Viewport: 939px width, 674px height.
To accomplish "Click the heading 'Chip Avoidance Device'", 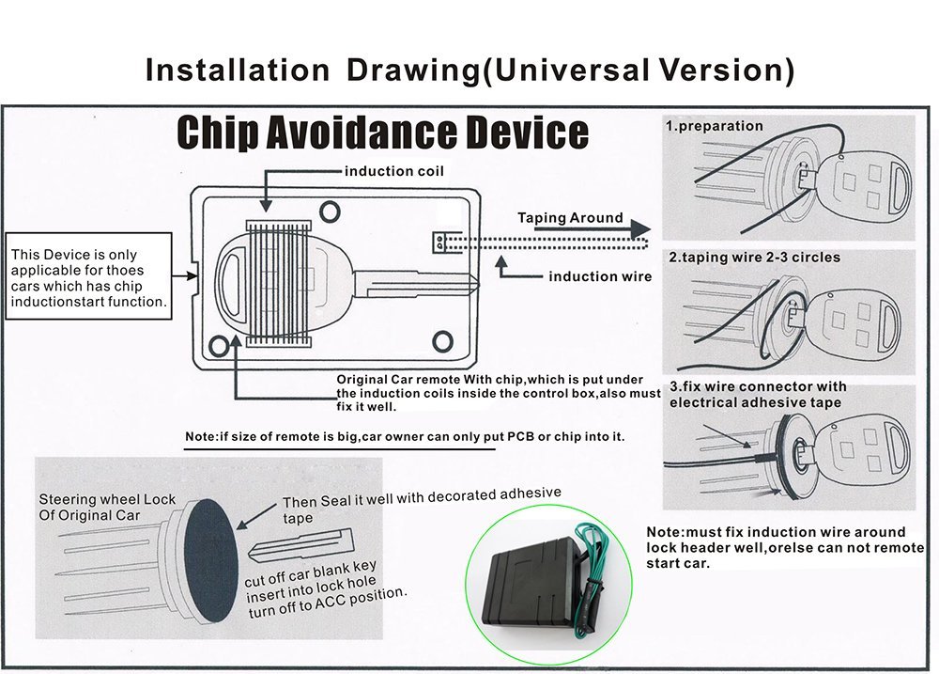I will (x=382, y=132).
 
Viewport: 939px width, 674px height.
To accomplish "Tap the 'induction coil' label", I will (x=393, y=171).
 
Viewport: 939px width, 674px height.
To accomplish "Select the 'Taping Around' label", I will (x=570, y=218).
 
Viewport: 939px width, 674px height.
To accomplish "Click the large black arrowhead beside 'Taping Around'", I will (x=640, y=230).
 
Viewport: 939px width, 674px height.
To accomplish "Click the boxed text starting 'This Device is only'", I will (x=88, y=278).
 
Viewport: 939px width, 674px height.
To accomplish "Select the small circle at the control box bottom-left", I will (x=221, y=346).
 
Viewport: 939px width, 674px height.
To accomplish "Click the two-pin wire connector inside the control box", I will (x=439, y=242).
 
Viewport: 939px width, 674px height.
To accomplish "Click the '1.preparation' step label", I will (x=714, y=126).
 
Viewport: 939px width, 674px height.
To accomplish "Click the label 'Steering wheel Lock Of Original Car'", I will (x=106, y=508).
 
